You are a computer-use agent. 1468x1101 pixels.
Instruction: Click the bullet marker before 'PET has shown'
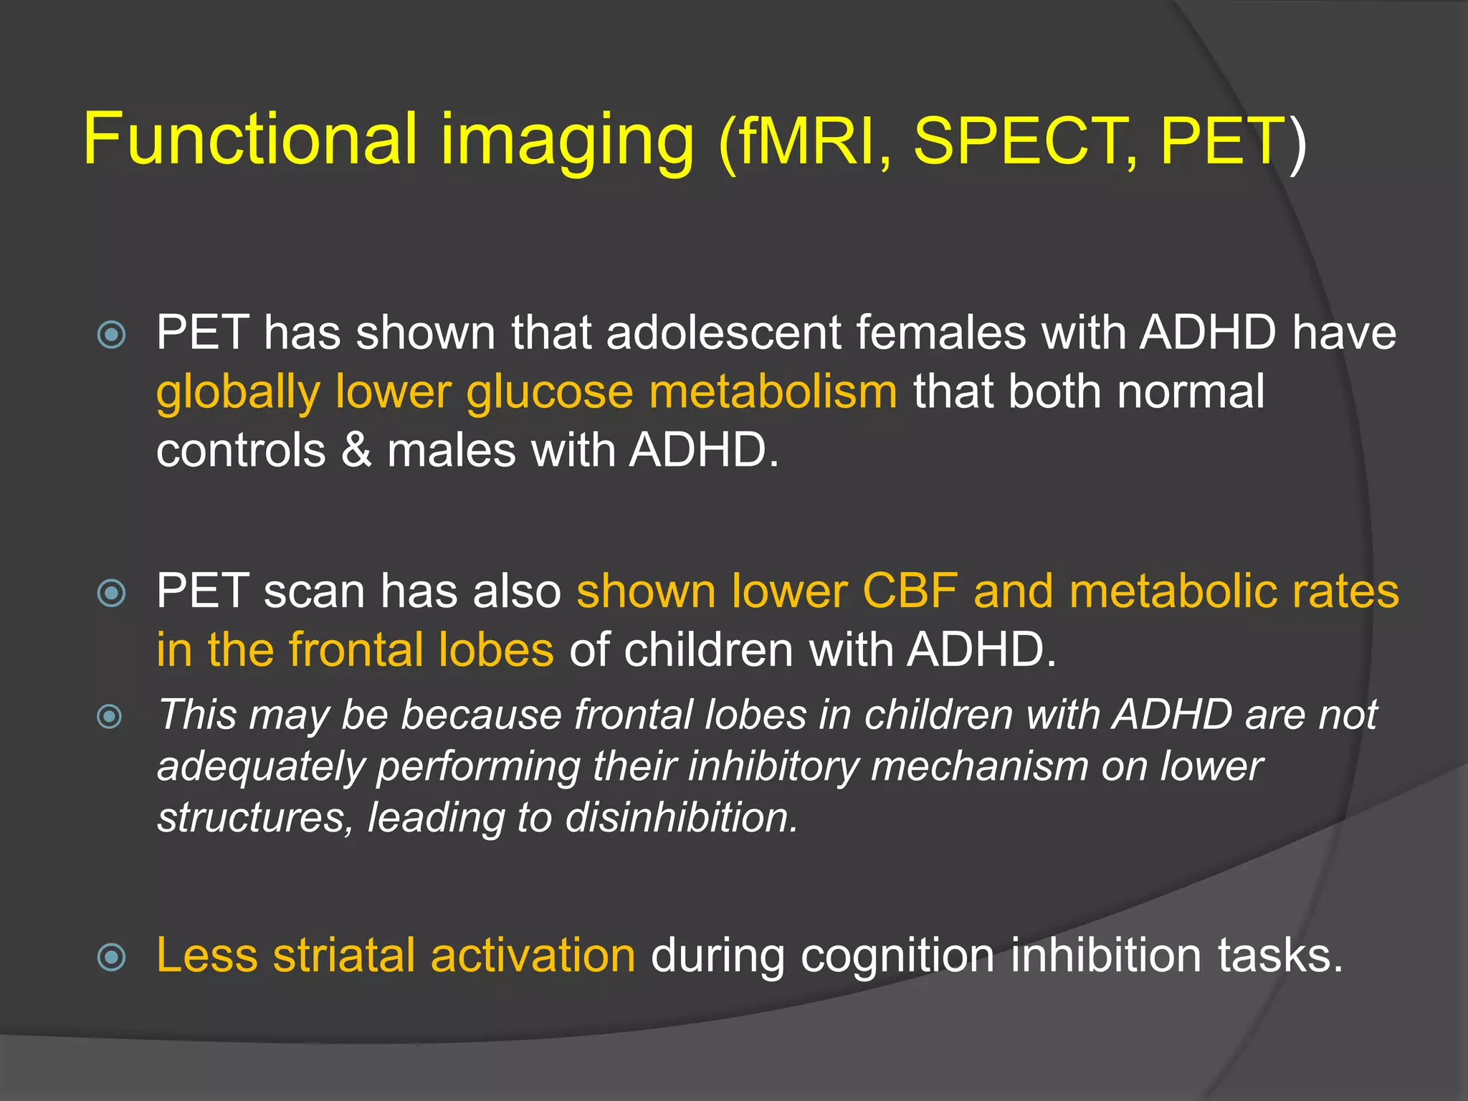[112, 334]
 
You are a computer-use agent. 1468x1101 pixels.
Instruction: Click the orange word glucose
[549, 392]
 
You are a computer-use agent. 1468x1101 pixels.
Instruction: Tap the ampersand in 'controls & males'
[356, 451]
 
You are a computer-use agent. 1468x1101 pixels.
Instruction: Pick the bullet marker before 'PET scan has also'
[112, 592]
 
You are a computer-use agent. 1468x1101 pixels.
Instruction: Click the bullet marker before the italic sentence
[110, 716]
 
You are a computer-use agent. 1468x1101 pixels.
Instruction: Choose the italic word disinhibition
[681, 817]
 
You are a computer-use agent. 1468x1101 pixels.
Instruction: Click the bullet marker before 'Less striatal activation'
[112, 957]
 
